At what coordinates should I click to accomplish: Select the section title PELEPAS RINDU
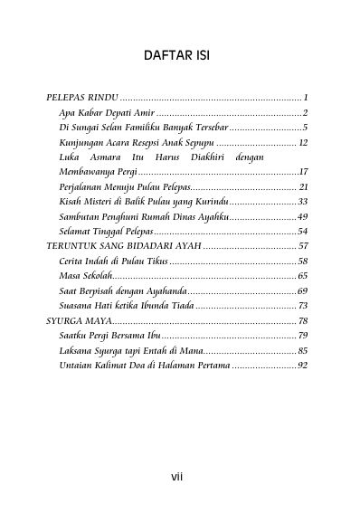click(x=82, y=97)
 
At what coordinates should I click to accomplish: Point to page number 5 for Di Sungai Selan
click(x=307, y=127)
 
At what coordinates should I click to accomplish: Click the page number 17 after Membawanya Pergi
click(x=304, y=171)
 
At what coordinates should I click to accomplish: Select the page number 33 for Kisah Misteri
click(x=303, y=201)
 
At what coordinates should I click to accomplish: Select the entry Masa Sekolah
click(x=84, y=275)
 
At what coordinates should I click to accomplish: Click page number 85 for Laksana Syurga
click(x=303, y=350)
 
